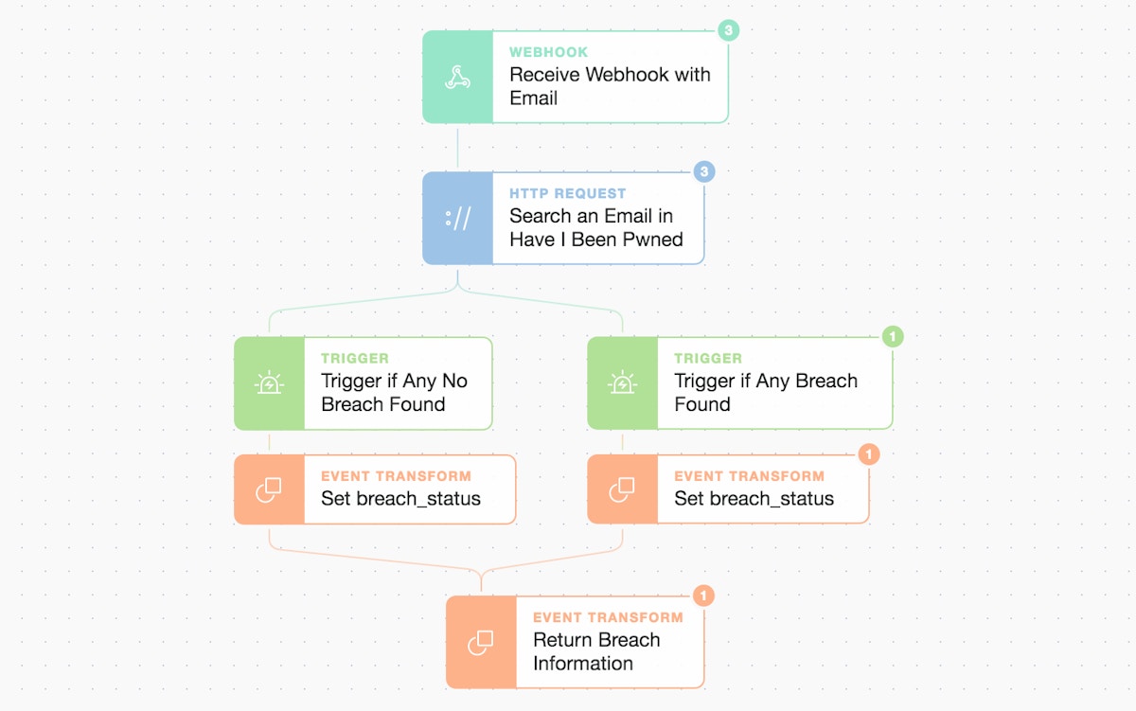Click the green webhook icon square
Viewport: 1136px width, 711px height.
(457, 77)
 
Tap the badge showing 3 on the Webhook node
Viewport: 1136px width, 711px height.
(727, 30)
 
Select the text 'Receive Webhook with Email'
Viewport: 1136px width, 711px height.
(610, 86)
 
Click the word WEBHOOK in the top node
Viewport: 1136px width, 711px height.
(548, 52)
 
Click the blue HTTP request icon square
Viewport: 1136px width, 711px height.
(457, 218)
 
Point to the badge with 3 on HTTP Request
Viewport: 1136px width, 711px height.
(703, 171)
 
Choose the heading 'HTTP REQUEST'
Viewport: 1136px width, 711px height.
(567, 193)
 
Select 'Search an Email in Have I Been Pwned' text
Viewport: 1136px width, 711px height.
(595, 227)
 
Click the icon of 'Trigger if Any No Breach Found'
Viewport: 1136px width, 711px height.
(269, 383)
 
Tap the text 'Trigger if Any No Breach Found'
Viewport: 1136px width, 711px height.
(394, 393)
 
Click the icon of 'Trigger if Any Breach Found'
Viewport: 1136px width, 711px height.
(622, 383)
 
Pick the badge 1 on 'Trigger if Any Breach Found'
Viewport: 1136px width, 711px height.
(892, 336)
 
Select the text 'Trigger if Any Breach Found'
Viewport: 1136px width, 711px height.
(765, 393)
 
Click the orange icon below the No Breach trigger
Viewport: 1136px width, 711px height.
(269, 489)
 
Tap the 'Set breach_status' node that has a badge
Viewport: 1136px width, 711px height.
(754, 499)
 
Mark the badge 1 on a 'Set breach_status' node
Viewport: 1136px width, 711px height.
(868, 454)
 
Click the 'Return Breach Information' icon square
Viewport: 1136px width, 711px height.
(481, 642)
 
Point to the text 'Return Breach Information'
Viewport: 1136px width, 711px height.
(595, 651)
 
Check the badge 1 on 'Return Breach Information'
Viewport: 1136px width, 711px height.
(703, 595)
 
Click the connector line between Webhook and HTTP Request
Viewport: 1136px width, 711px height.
(458, 148)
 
